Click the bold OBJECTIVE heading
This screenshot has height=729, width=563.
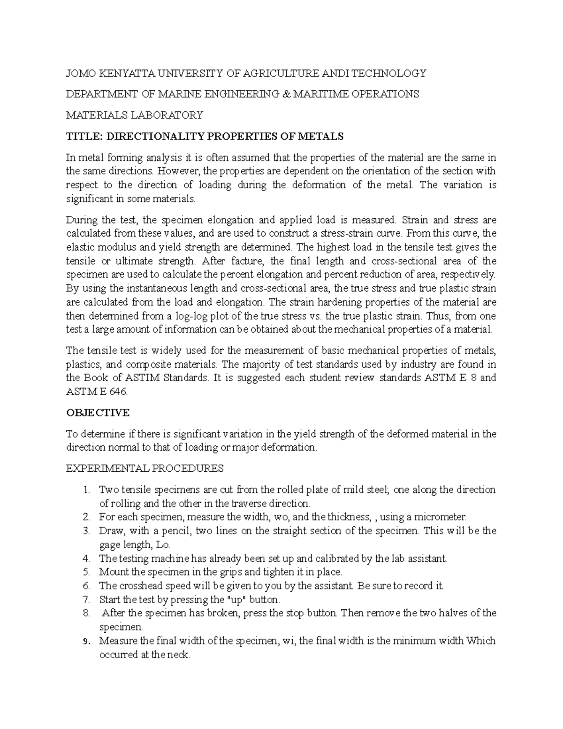(98, 413)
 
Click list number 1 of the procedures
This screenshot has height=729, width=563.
(85, 490)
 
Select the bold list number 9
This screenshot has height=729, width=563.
(86, 642)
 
